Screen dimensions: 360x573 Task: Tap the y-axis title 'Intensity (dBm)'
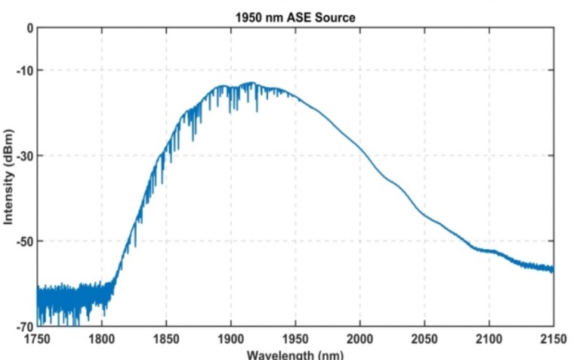pyautogui.click(x=8, y=177)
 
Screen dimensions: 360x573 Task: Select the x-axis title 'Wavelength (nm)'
pyautogui.click(x=295, y=354)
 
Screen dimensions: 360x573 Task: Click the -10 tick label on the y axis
pyautogui.click(x=25, y=70)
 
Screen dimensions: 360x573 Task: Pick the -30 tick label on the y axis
pyautogui.click(x=25, y=156)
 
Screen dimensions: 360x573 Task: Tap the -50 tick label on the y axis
pyautogui.click(x=25, y=241)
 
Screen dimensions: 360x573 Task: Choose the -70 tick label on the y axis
pyautogui.click(x=25, y=326)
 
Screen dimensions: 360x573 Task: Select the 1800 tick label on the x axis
pyautogui.click(x=102, y=340)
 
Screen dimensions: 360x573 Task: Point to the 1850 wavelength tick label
pyautogui.click(x=166, y=340)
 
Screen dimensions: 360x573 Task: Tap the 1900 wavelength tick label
pyautogui.click(x=231, y=340)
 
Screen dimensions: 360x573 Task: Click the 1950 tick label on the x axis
pyautogui.click(x=295, y=340)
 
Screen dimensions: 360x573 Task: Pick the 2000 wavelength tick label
pyautogui.click(x=360, y=340)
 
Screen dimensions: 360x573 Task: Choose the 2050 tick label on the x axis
pyautogui.click(x=424, y=340)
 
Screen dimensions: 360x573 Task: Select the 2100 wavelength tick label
pyautogui.click(x=489, y=340)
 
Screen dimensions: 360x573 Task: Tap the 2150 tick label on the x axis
pyautogui.click(x=552, y=340)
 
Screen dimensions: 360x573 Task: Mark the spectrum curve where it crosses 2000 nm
pyautogui.click(x=360, y=148)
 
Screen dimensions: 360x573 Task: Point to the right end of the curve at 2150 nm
pyautogui.click(x=553, y=269)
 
